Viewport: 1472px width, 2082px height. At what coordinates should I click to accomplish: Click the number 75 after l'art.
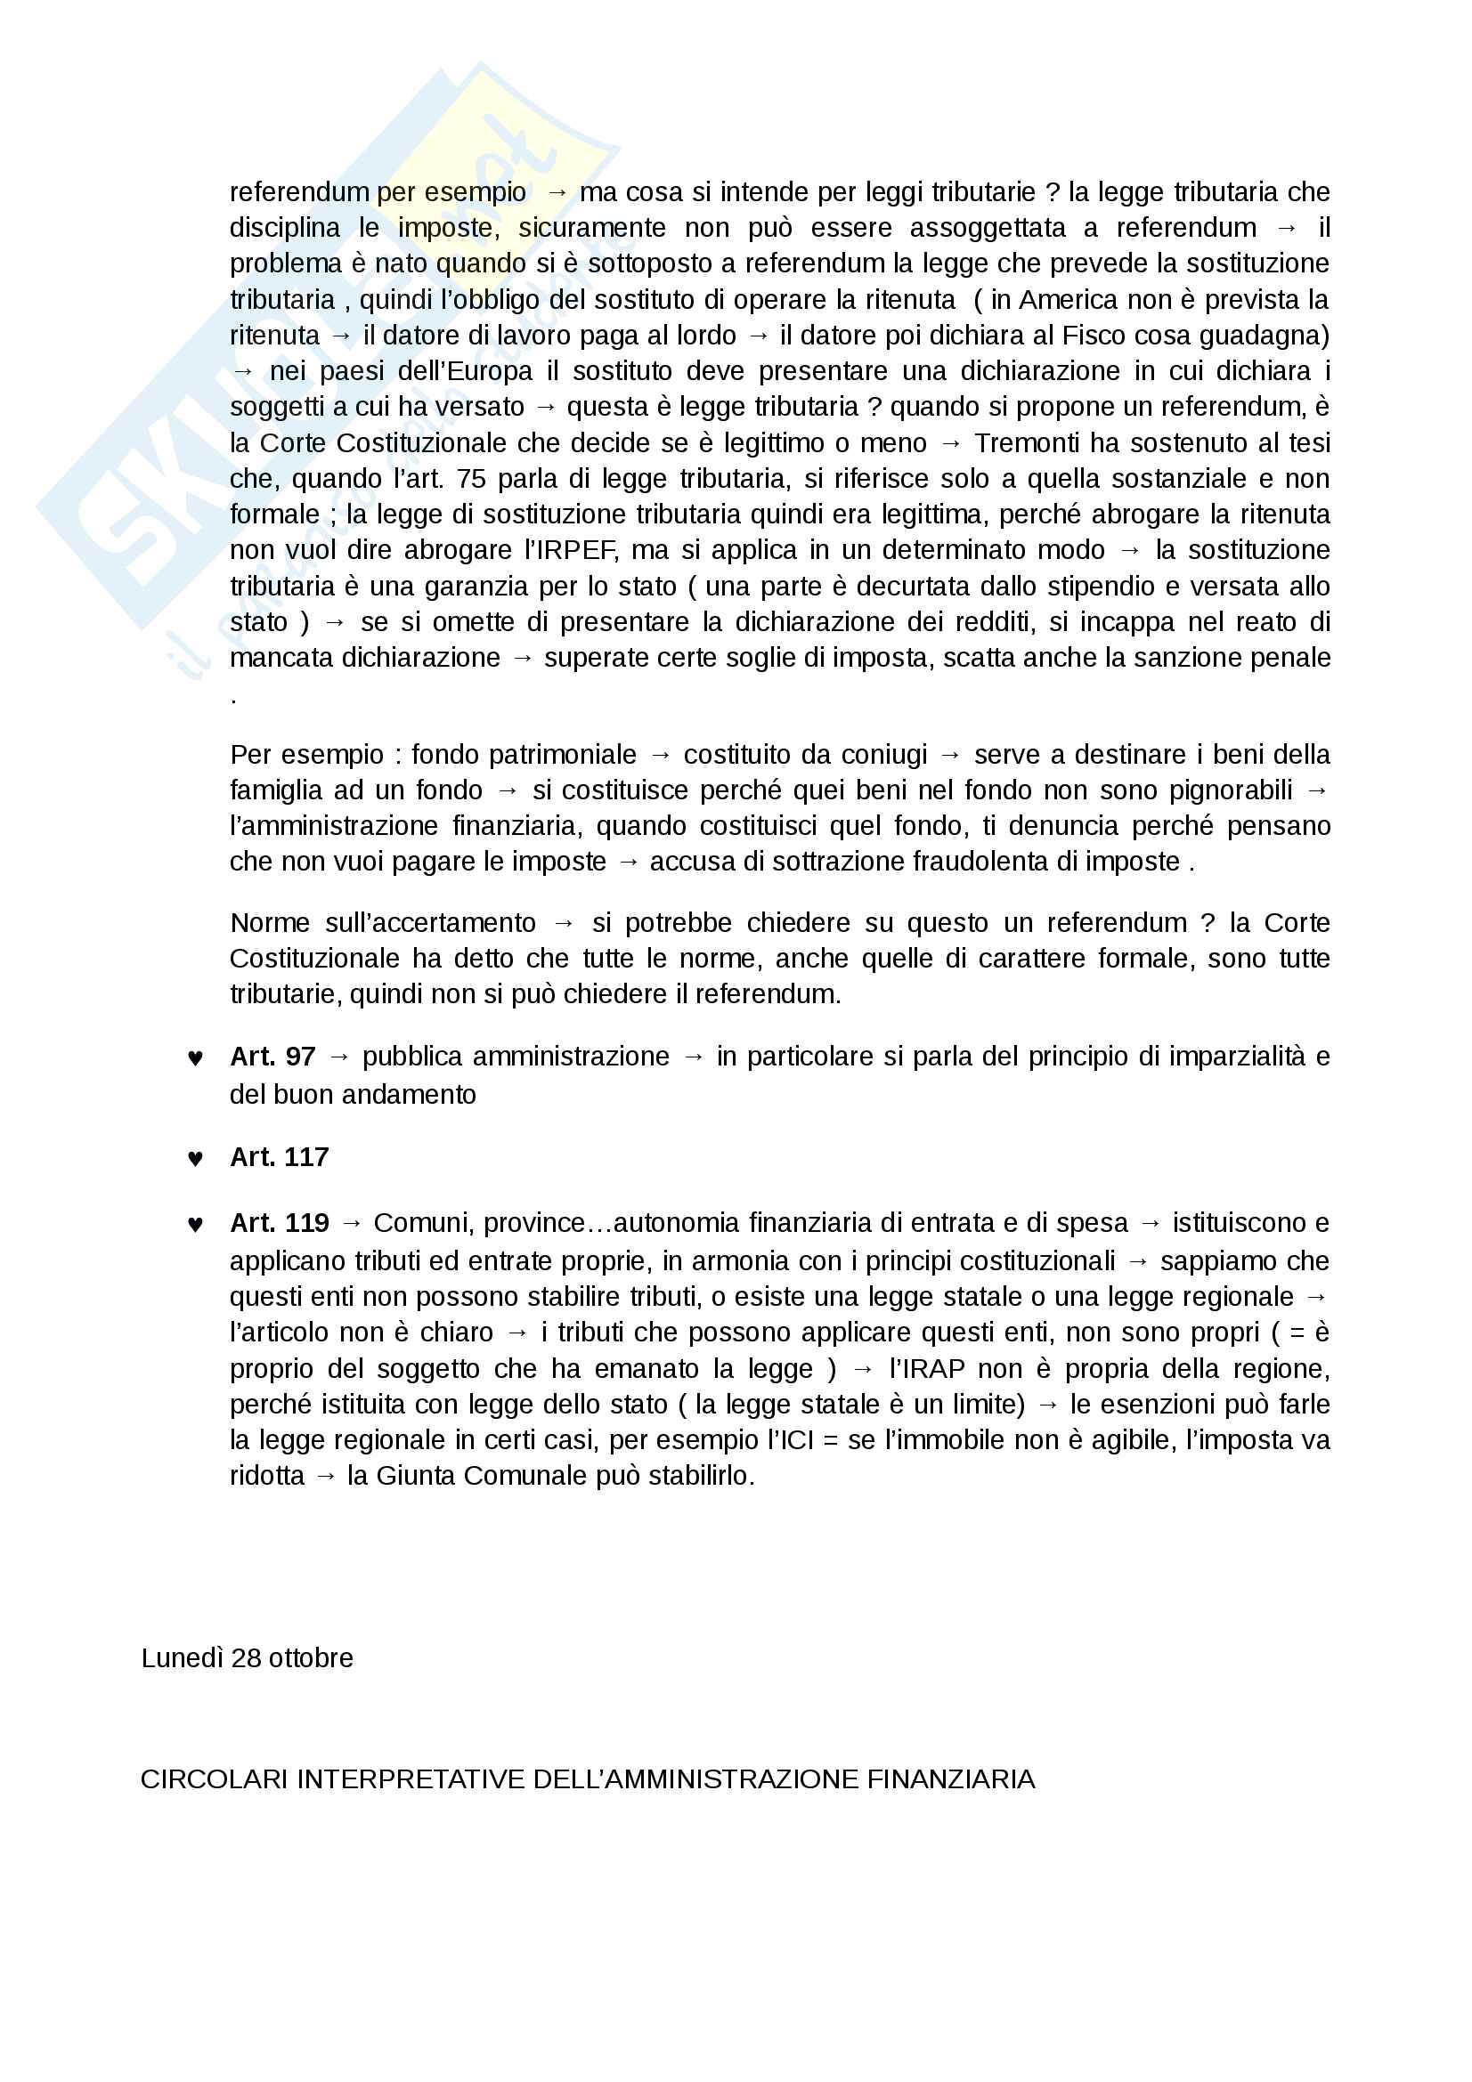click(471, 479)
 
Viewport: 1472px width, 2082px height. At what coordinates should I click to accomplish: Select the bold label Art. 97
click(272, 1057)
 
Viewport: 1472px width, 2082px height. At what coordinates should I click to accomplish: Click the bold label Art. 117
click(279, 1157)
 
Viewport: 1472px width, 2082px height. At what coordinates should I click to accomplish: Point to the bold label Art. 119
click(279, 1223)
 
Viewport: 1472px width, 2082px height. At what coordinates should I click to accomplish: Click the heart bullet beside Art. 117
click(195, 1159)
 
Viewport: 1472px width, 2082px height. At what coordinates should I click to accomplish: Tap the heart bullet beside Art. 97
click(195, 1058)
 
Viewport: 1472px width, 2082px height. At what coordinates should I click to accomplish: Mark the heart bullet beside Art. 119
click(195, 1225)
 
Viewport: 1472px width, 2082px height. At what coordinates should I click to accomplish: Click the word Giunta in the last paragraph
click(416, 1475)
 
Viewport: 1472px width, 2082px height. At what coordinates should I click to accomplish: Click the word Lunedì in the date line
click(182, 1658)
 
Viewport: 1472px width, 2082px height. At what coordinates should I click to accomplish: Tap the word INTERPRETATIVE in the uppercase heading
click(411, 1779)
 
